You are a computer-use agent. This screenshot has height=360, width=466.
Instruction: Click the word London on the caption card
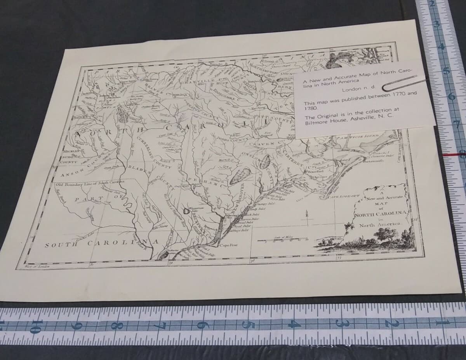(351, 90)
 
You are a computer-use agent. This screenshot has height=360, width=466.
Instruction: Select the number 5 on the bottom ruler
(247, 325)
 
